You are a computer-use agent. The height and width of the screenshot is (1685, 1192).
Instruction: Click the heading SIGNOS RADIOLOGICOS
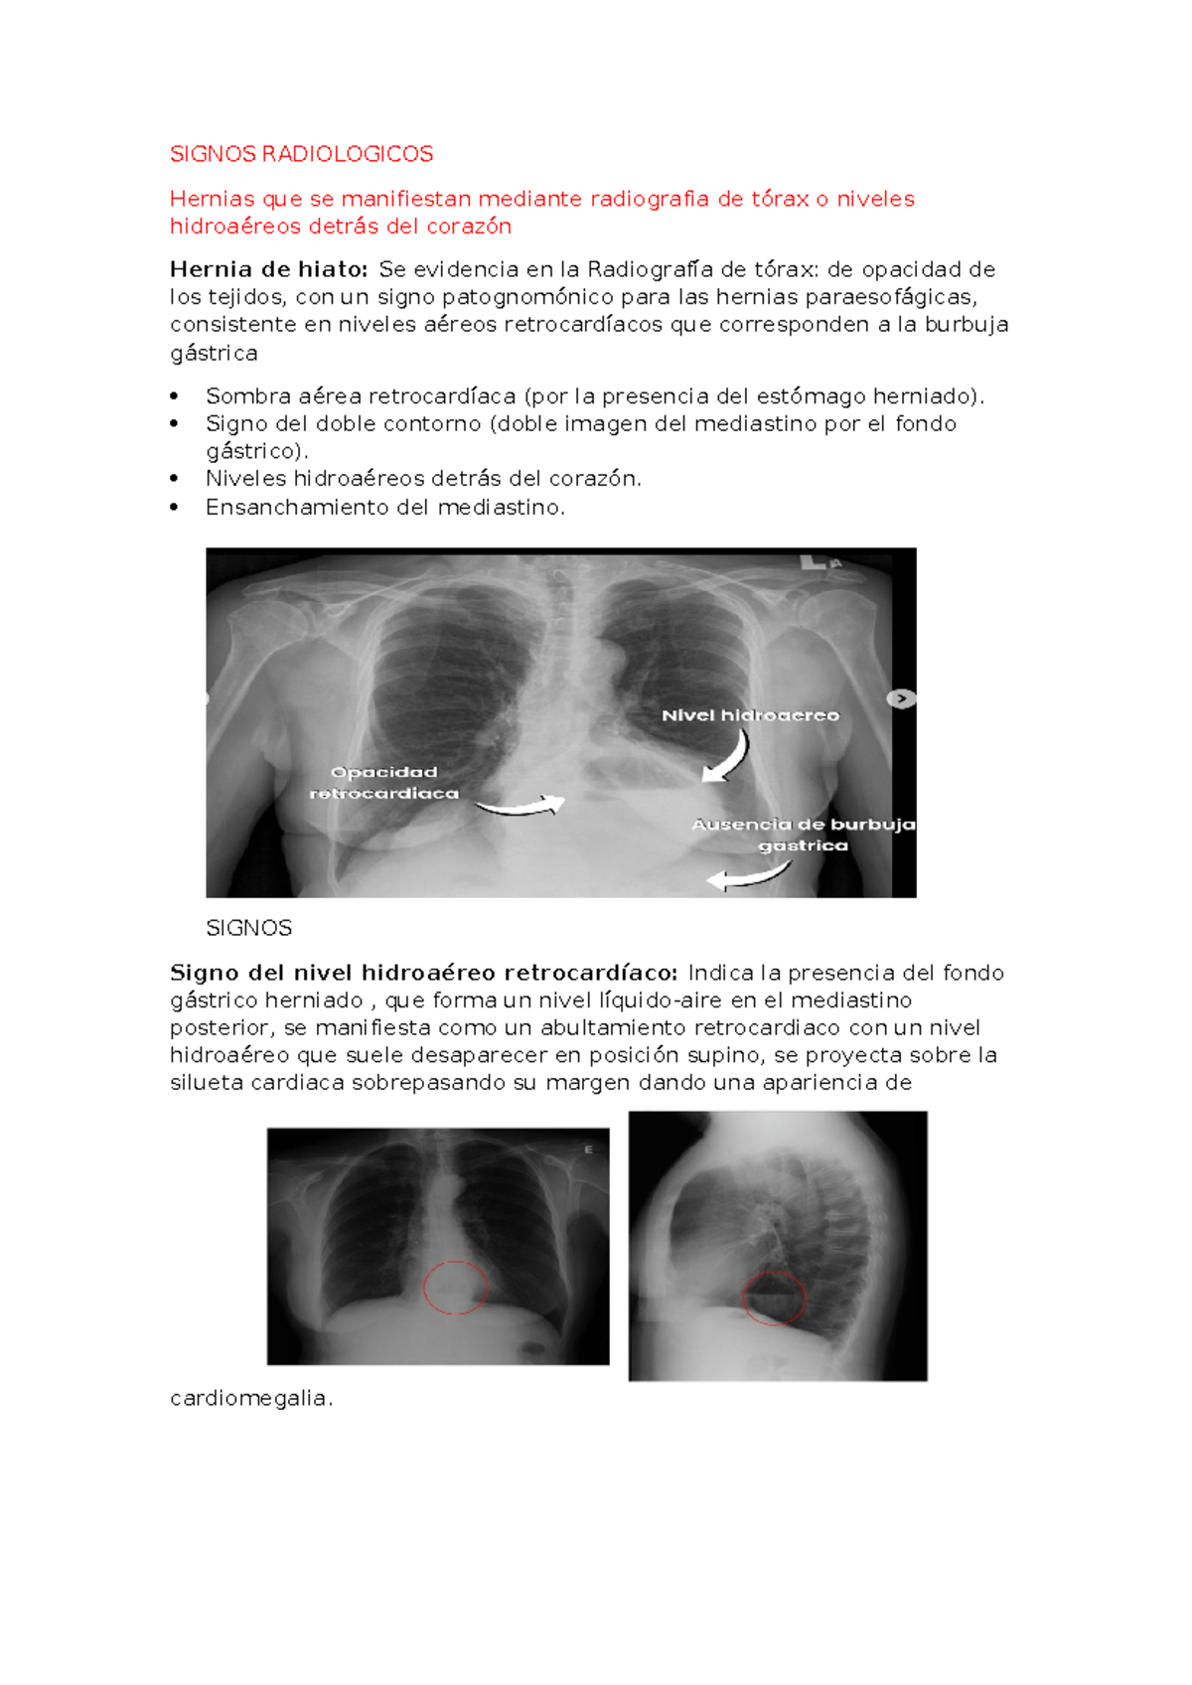(x=301, y=154)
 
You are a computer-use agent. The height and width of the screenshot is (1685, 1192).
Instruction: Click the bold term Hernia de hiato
(x=268, y=269)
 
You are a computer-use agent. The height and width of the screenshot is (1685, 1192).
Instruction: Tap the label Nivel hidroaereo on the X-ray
(x=750, y=715)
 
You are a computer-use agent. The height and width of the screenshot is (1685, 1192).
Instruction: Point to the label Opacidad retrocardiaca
(x=384, y=783)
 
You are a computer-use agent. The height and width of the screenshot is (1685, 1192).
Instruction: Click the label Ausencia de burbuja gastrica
(x=804, y=835)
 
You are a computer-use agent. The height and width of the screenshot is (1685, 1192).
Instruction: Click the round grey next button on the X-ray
(x=901, y=699)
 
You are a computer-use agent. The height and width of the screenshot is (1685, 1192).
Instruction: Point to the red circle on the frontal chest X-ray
(x=455, y=1288)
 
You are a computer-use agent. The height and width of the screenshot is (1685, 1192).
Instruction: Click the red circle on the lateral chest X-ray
(x=774, y=1298)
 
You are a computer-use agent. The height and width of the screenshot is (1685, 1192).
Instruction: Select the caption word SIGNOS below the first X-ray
(x=248, y=928)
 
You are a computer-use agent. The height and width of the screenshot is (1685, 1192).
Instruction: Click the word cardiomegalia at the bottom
(x=250, y=1398)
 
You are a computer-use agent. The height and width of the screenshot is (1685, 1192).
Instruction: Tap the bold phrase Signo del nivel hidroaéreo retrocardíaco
(x=424, y=973)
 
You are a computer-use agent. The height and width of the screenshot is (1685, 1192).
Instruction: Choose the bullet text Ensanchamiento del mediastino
(x=384, y=508)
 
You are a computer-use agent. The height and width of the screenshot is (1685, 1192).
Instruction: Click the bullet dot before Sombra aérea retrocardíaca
(x=175, y=396)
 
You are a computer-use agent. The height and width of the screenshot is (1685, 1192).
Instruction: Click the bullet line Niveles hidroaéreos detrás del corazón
(x=423, y=479)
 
